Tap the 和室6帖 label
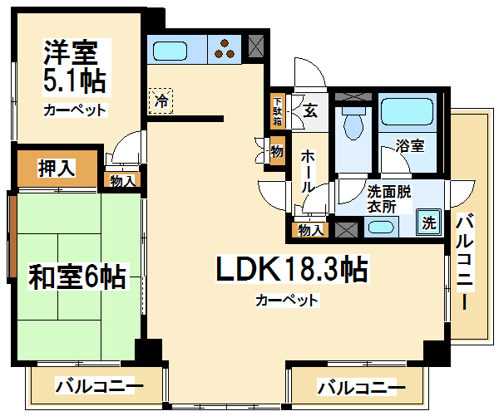tap(77, 277)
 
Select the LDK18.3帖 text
tap(292, 269)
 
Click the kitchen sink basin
tap(170, 51)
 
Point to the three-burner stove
tap(225, 49)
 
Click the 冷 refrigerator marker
tap(161, 101)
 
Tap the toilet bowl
tap(353, 124)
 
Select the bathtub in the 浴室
tap(407, 111)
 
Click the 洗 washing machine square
tap(429, 222)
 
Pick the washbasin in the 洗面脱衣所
tap(381, 228)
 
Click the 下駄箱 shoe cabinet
tap(278, 110)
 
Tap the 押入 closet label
tap(57, 168)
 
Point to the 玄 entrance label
tap(310, 111)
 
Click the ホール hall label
tap(308, 171)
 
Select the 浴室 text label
tap(410, 146)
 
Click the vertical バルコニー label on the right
tap(465, 262)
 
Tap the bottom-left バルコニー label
tap(100, 385)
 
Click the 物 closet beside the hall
tap(278, 151)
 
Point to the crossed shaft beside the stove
tap(256, 46)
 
